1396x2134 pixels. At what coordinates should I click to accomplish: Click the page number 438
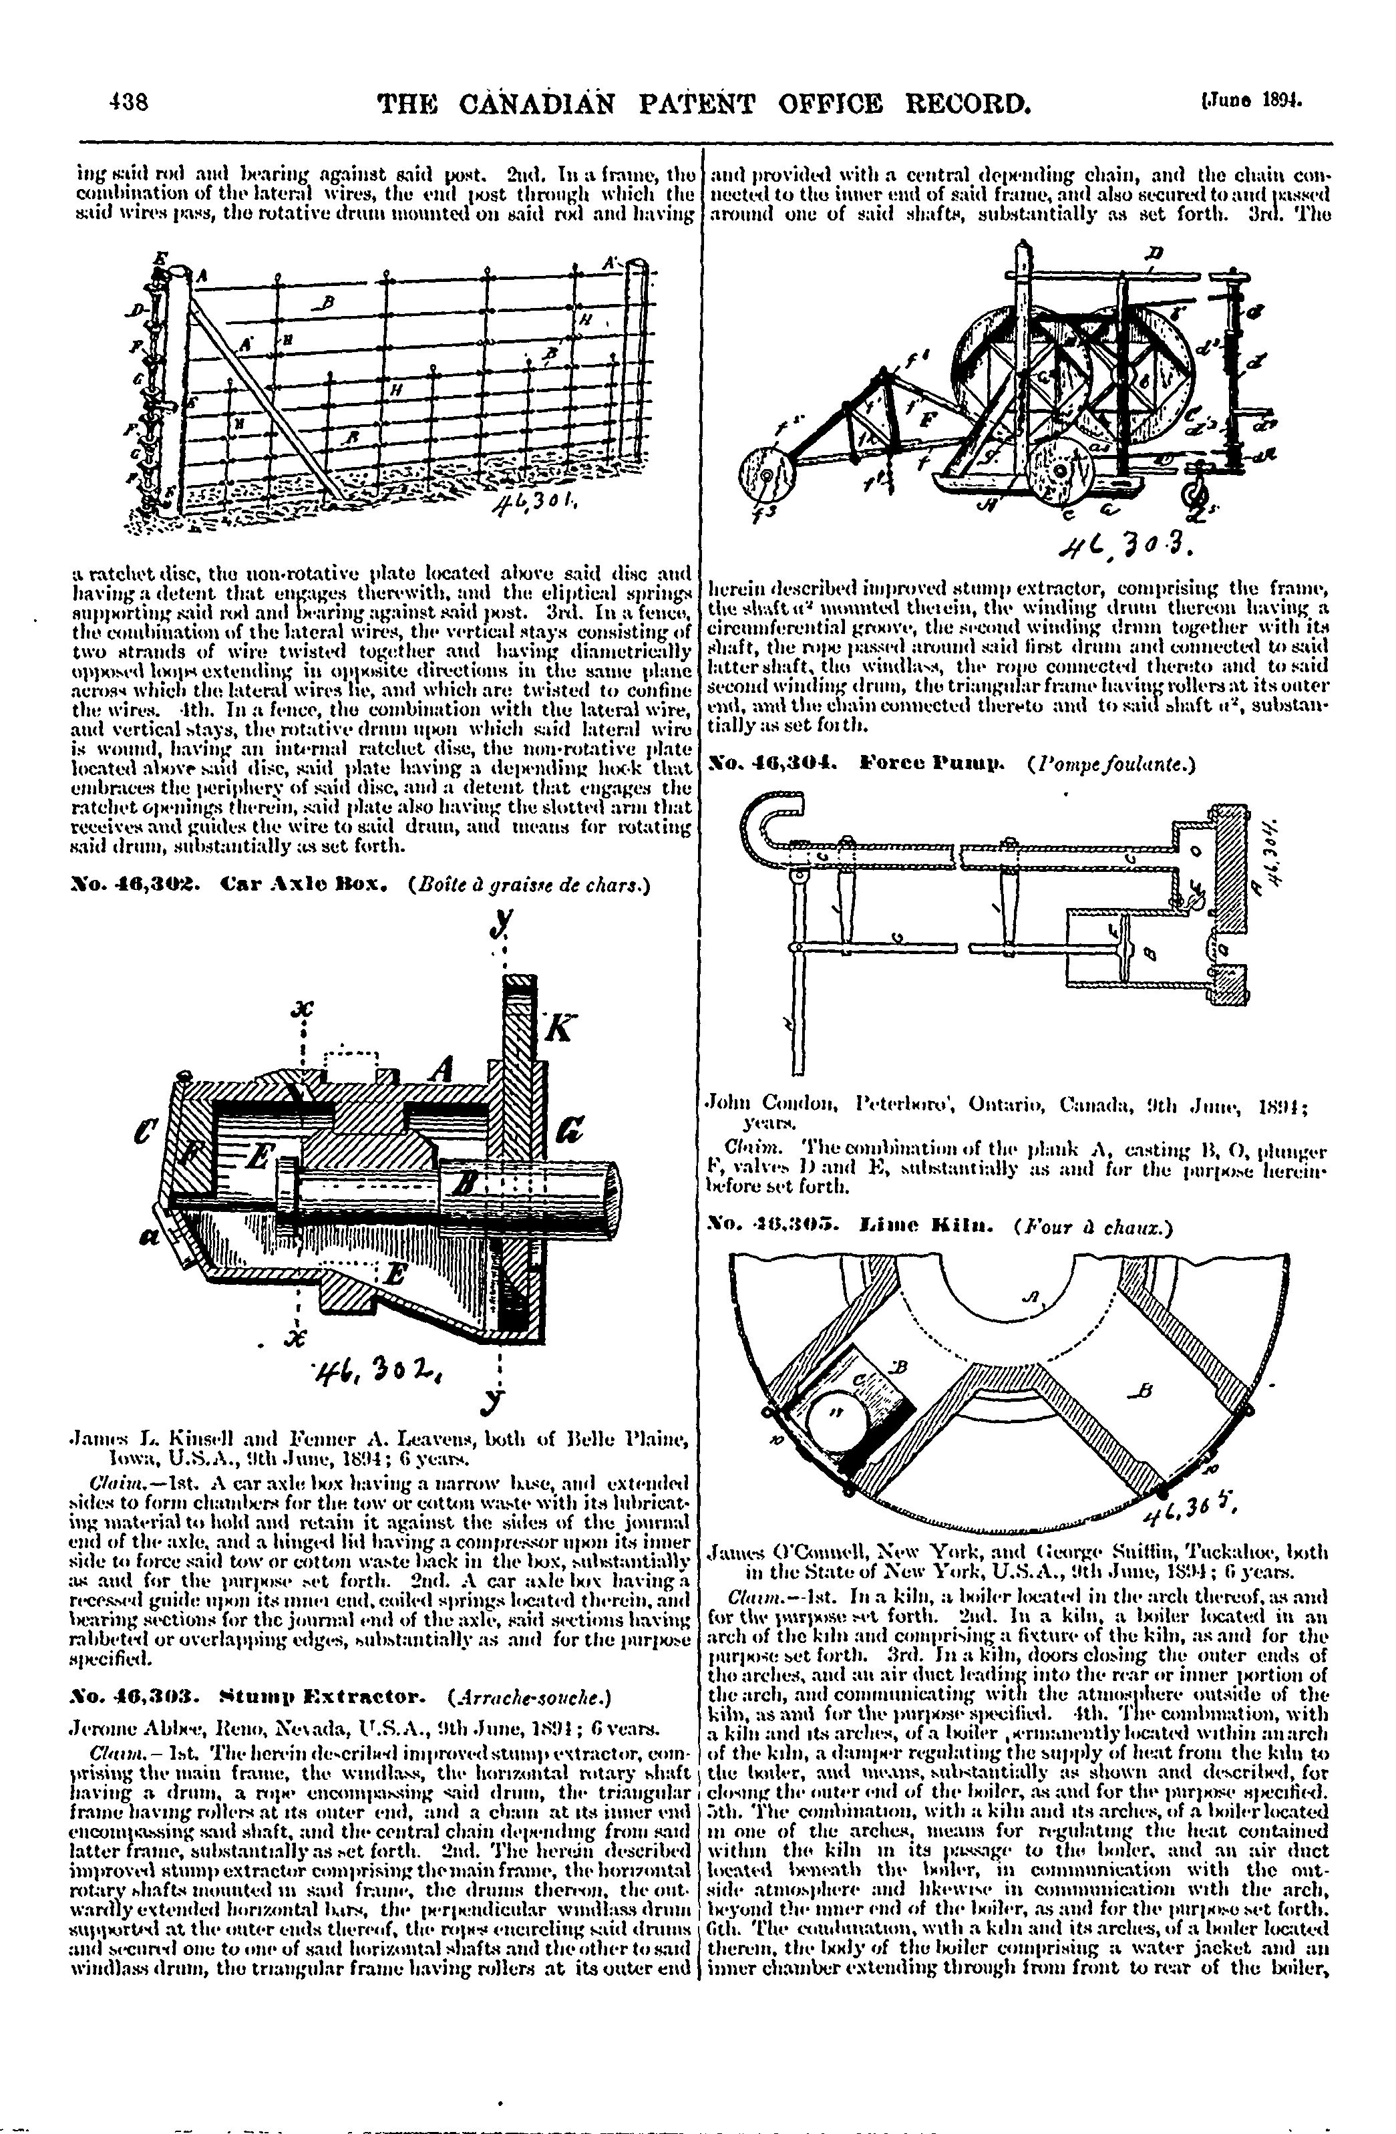(128, 102)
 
